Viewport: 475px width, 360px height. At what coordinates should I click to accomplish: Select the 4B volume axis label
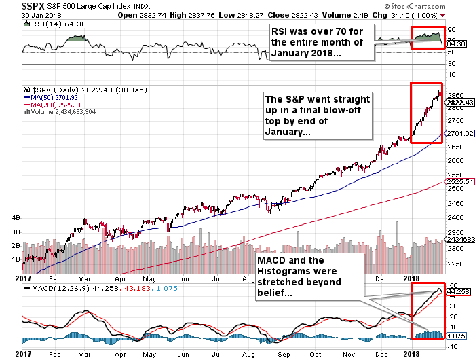(14, 219)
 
